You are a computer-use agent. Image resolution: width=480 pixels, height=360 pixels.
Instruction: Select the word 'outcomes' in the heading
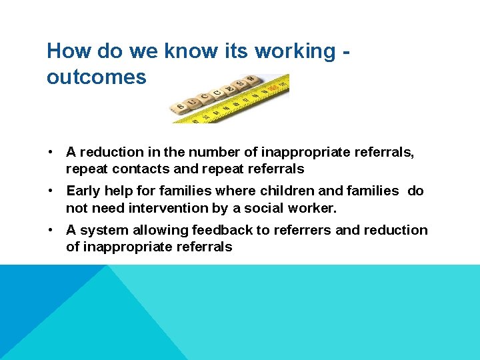(x=96, y=77)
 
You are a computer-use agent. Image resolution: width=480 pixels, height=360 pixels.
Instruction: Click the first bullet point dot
(x=51, y=152)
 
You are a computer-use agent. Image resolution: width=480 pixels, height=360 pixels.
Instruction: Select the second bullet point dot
(x=51, y=191)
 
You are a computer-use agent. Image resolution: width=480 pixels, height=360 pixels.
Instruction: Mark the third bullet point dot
(x=51, y=230)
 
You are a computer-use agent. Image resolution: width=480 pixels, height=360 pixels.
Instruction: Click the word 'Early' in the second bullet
(x=83, y=191)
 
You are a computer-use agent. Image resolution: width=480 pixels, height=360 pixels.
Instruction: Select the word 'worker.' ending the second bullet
(x=313, y=208)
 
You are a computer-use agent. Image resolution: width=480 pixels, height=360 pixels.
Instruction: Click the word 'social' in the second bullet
(x=261, y=208)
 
